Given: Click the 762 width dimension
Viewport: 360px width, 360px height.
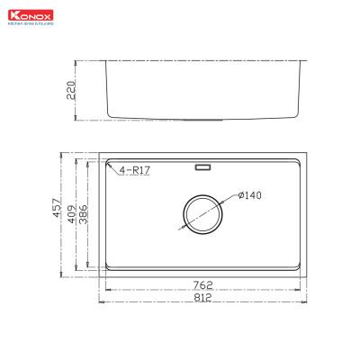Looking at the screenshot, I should point(202,286).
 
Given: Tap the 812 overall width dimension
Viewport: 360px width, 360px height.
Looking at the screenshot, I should point(202,298).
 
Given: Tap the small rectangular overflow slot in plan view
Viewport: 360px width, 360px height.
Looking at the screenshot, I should point(202,166).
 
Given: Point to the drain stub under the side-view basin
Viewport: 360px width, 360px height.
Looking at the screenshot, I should point(202,120).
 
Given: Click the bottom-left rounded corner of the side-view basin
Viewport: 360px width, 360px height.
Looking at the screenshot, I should point(112,114).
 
